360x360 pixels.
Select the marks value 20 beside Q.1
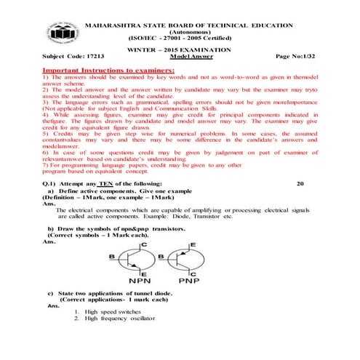click(302, 183)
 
